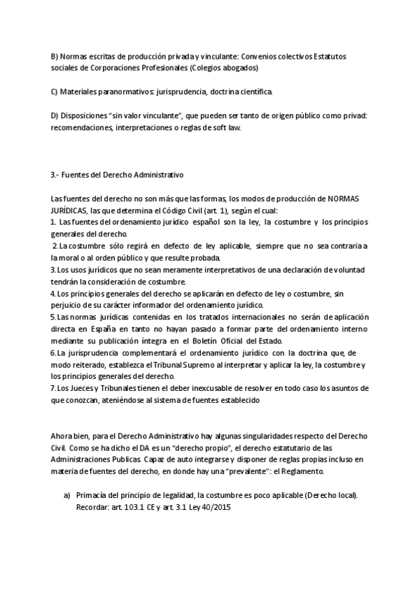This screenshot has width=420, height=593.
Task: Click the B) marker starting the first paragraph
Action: click(x=55, y=56)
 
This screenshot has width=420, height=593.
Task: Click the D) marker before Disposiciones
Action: click(x=55, y=115)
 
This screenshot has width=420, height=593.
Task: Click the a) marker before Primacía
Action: click(x=66, y=494)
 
